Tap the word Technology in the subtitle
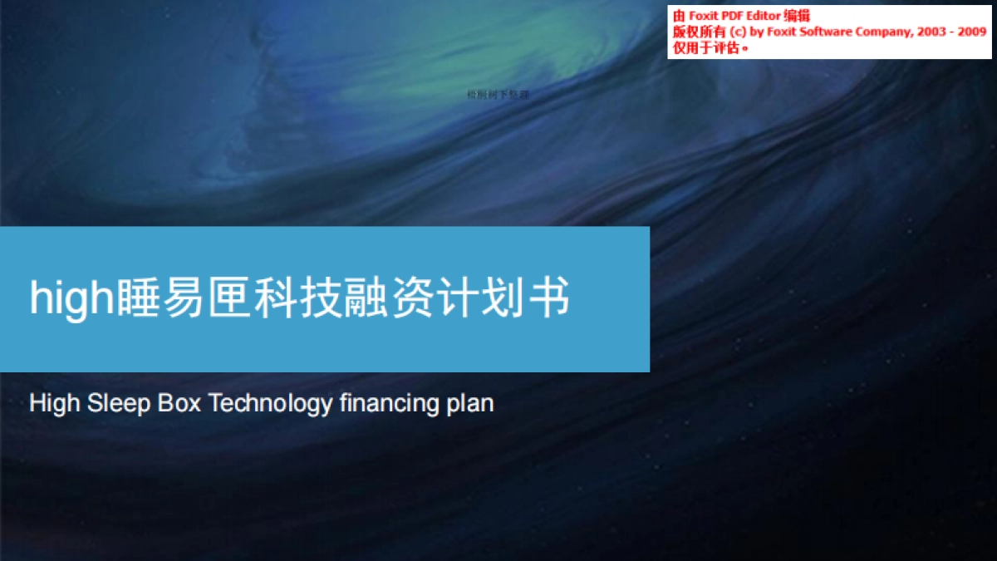[x=270, y=404]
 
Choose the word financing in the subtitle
[x=389, y=406]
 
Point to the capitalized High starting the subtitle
[x=55, y=404]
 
